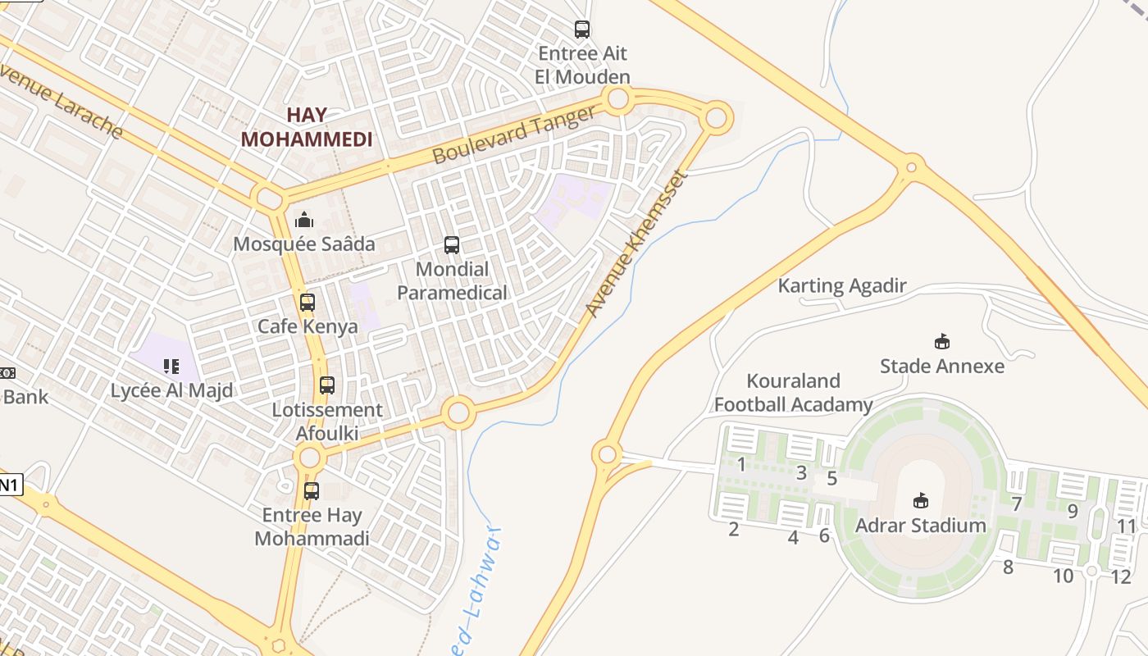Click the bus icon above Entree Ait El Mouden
[582, 30]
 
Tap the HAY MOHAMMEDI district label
[307, 127]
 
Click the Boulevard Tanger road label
[514, 134]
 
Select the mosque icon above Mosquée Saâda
[304, 220]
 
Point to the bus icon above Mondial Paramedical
[452, 244]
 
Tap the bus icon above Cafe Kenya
[307, 303]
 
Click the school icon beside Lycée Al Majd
[171, 366]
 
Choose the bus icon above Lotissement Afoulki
[327, 385]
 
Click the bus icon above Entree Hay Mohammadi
[312, 491]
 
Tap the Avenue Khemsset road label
[635, 244]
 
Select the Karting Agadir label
[842, 286]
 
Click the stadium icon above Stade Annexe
[942, 341]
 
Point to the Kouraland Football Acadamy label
[793, 393]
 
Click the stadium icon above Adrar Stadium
[921, 500]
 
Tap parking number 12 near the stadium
[1121, 576]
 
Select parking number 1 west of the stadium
[741, 465]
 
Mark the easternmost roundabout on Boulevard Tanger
[716, 118]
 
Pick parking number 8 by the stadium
[1008, 567]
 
